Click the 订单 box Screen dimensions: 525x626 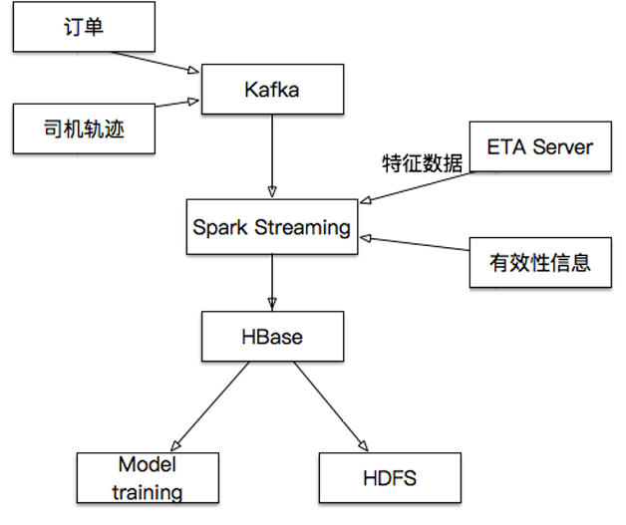[84, 29]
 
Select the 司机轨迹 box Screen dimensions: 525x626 [84, 130]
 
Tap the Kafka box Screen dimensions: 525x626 [272, 90]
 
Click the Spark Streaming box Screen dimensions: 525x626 [272, 227]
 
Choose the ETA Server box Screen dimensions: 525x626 [539, 147]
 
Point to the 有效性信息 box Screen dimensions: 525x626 [539, 262]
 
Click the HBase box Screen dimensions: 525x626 [272, 337]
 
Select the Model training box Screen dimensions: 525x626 [148, 478]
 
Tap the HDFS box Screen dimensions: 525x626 [390, 478]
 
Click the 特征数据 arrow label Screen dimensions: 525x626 [423, 162]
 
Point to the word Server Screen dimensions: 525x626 [562, 147]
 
